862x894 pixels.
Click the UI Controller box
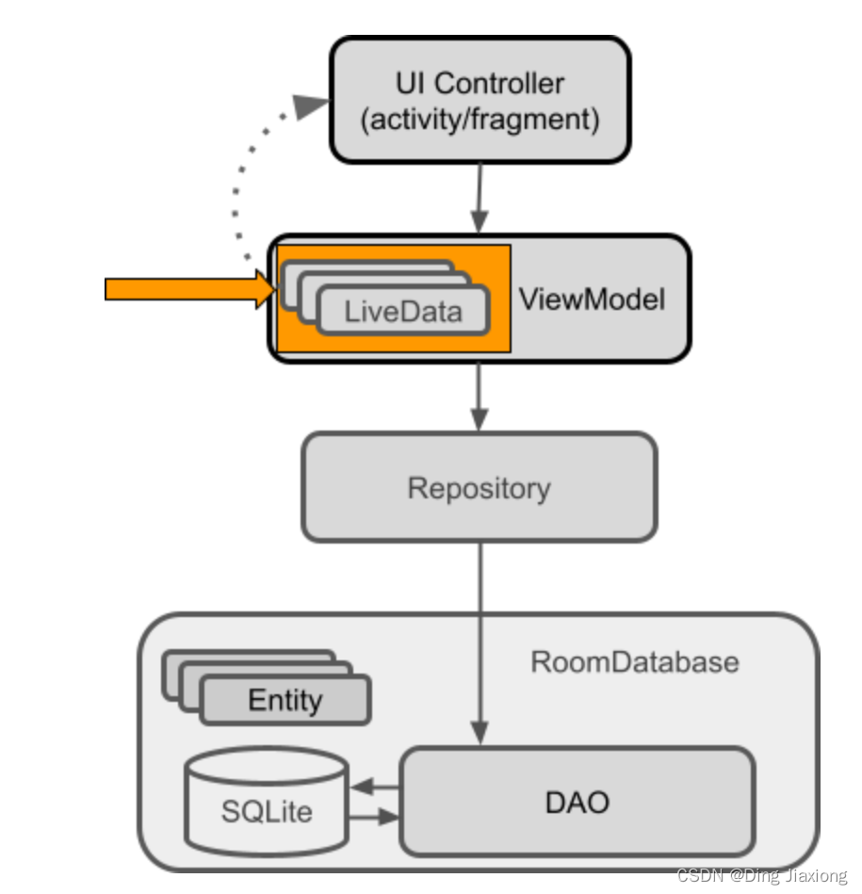479,100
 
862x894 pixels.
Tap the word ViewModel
592,300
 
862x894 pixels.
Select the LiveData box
403,311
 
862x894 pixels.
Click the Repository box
479,487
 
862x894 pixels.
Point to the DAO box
577,802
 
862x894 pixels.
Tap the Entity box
285,700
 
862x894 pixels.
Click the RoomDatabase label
634,661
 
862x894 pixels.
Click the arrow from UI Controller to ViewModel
480,198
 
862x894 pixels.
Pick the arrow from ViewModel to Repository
480,396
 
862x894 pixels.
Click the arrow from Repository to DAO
480,641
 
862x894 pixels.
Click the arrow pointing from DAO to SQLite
375,785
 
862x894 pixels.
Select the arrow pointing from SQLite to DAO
375,818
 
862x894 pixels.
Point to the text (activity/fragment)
480,120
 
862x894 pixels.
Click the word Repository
479,488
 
